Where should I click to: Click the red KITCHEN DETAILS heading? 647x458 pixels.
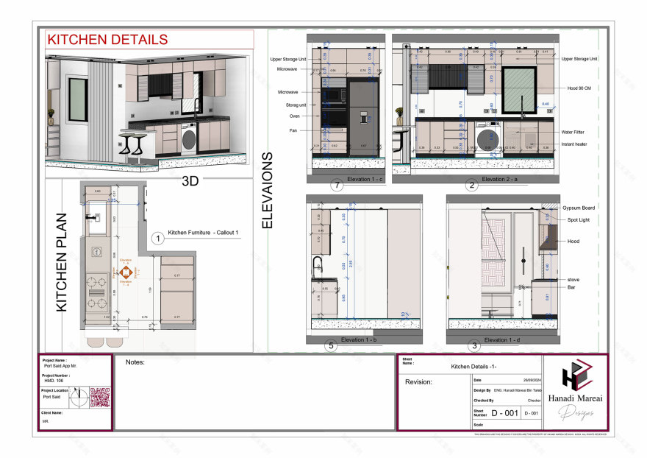point(107,40)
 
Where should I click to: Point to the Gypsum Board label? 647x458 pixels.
point(579,208)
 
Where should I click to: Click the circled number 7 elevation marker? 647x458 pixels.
point(337,186)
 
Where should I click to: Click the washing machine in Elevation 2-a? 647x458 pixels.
point(486,138)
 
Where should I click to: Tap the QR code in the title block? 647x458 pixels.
point(99,398)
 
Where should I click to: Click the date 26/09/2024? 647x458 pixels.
point(532,378)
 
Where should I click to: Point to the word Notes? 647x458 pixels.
point(135,362)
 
